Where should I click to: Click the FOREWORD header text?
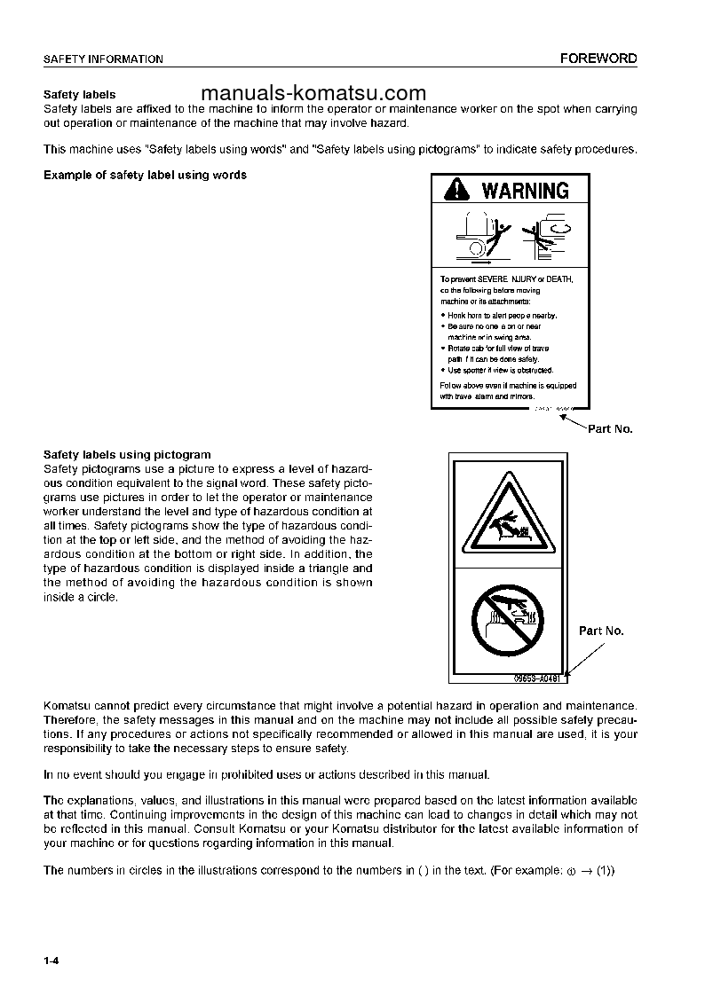(x=598, y=59)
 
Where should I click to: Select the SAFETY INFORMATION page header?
(x=103, y=59)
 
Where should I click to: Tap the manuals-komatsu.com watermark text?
(x=313, y=93)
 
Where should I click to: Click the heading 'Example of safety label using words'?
(x=146, y=175)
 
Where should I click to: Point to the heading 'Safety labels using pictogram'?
(x=127, y=455)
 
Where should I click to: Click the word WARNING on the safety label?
(x=525, y=190)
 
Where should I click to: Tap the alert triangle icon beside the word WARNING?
(x=455, y=190)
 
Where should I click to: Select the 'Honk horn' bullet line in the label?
(x=502, y=315)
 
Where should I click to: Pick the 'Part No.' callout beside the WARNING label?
(x=610, y=428)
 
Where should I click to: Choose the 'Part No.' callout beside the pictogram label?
(x=601, y=631)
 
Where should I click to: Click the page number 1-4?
(x=51, y=961)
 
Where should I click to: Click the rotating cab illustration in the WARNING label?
(x=549, y=234)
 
